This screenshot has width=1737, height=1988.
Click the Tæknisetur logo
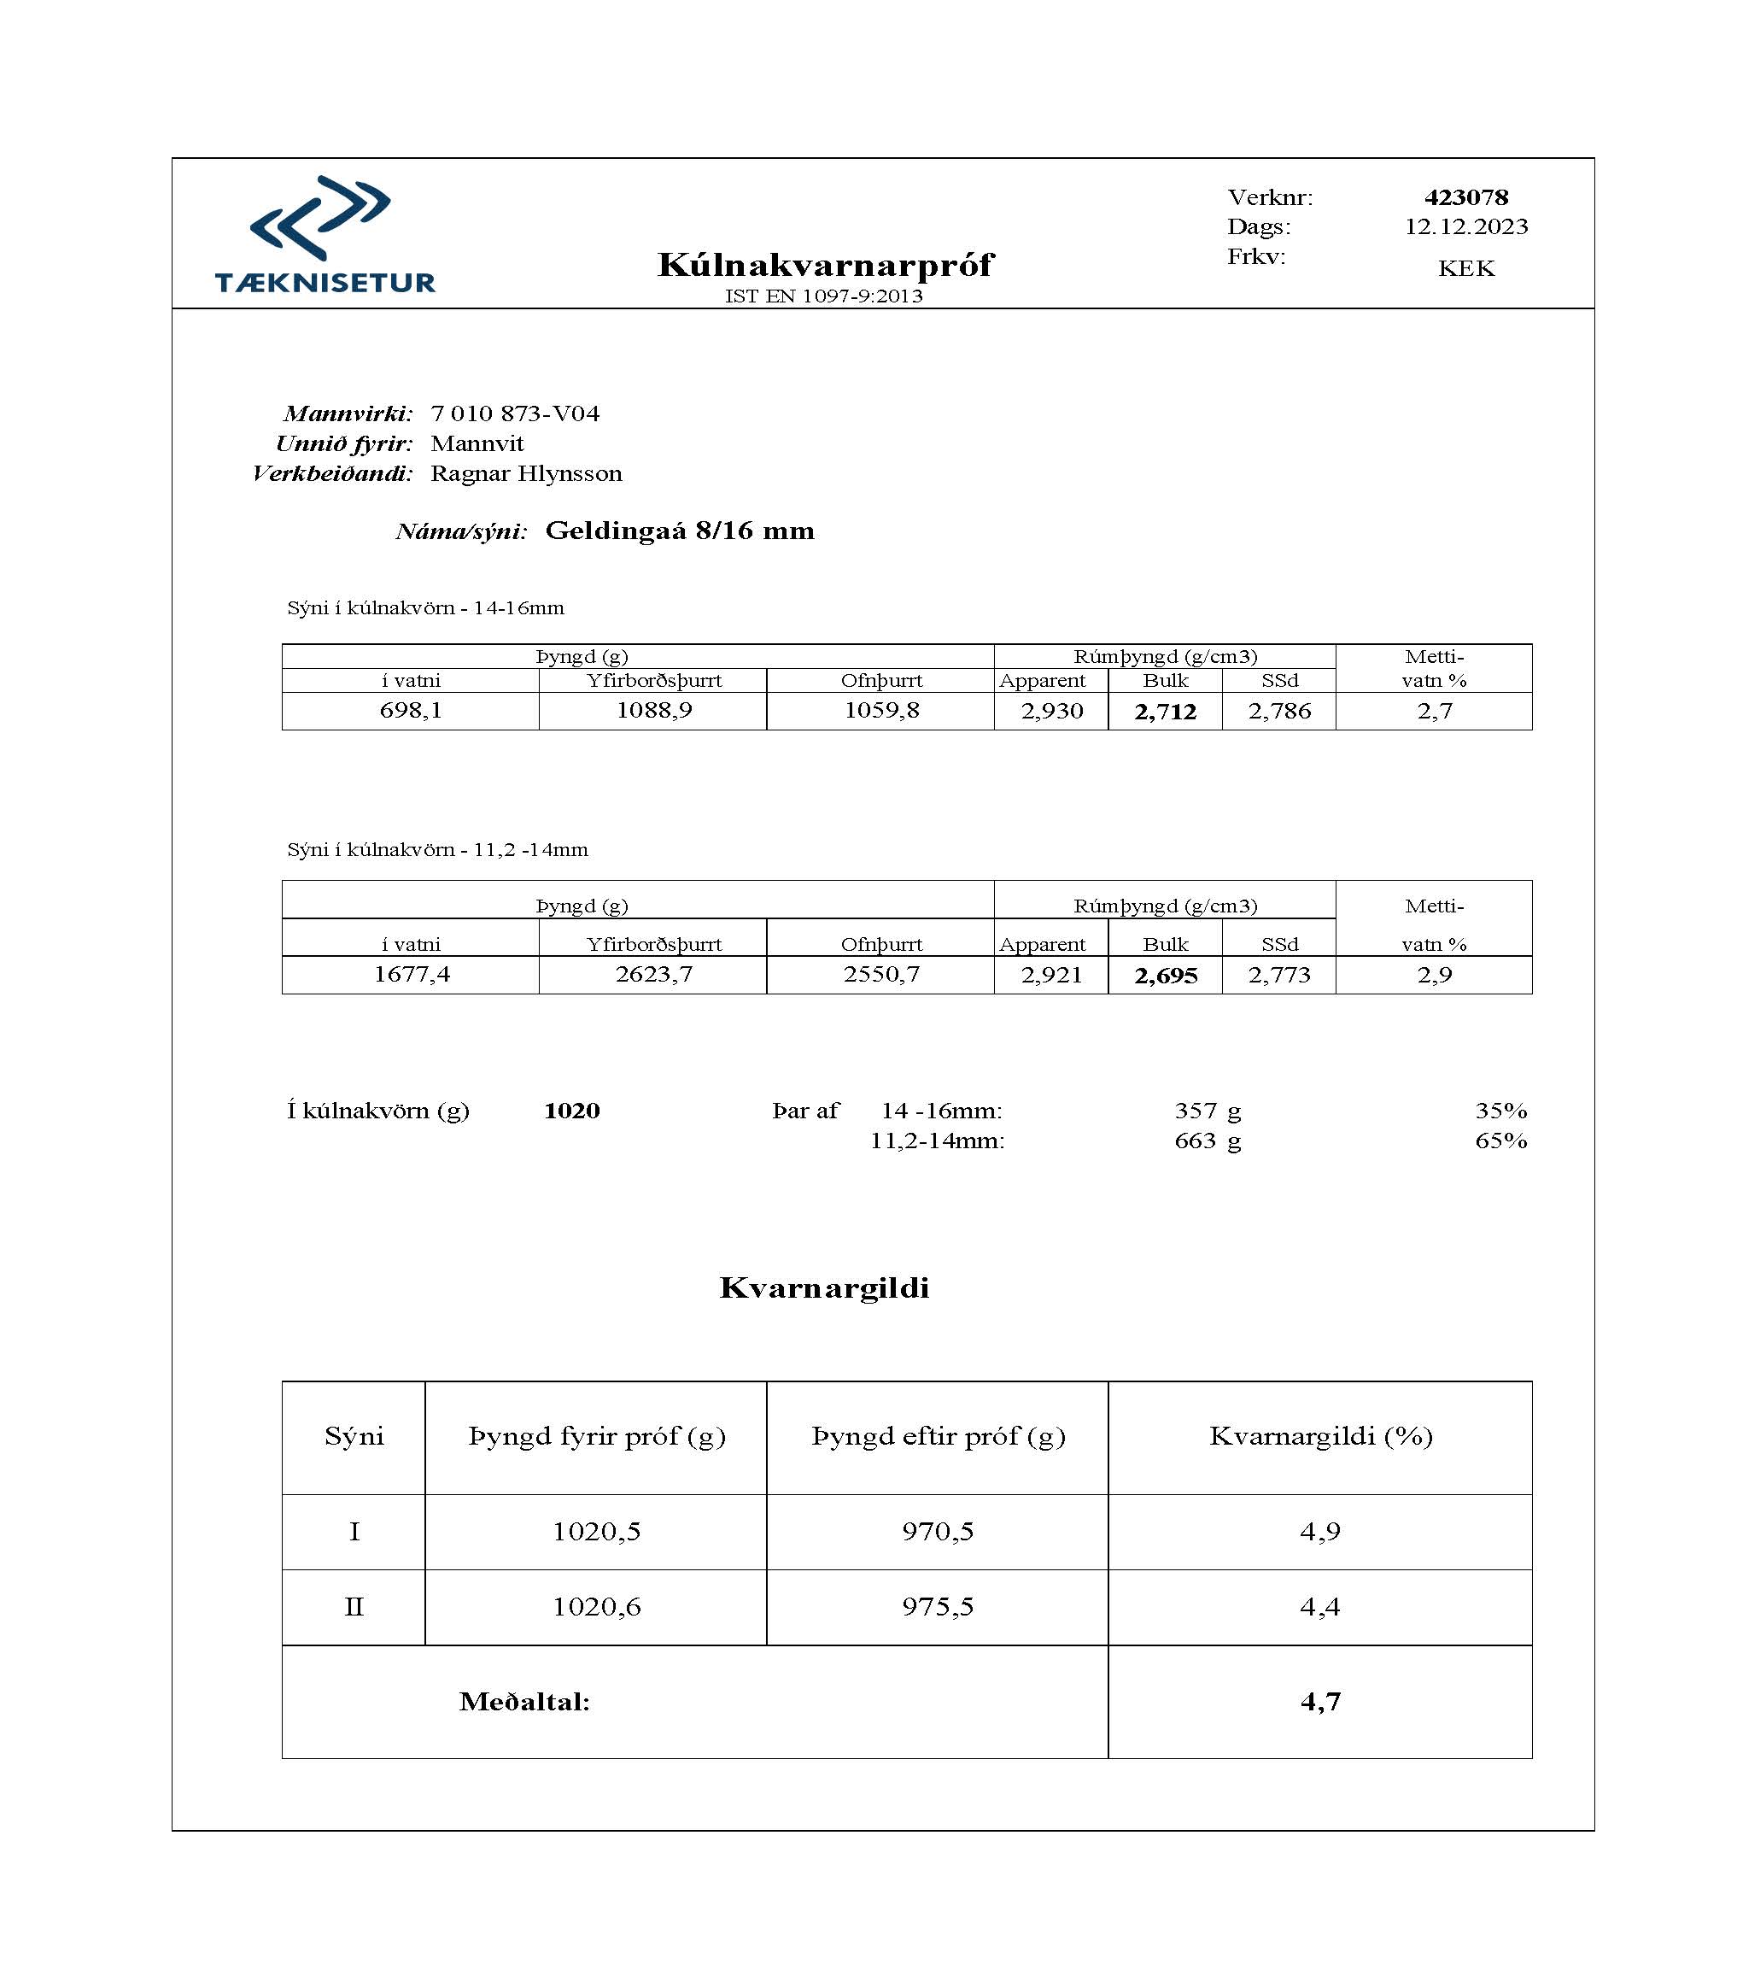click(324, 235)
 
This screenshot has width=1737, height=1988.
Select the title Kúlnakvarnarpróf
click(825, 265)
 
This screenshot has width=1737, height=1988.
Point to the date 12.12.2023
click(1465, 227)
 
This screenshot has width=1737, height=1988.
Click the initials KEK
click(1465, 268)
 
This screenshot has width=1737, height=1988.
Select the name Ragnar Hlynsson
click(526, 473)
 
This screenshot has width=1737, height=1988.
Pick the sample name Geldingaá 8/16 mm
click(680, 531)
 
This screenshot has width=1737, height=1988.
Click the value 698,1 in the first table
click(410, 711)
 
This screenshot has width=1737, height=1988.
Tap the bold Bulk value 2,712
click(1165, 712)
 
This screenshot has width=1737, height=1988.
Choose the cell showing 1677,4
click(411, 975)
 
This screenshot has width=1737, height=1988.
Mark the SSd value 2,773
click(1278, 976)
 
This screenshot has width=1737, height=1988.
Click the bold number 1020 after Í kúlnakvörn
click(572, 1111)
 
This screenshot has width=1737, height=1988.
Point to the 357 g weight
click(1207, 1111)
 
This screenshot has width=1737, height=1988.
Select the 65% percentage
click(1500, 1141)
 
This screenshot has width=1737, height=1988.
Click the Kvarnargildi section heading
click(824, 1287)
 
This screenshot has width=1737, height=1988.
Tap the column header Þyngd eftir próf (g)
click(938, 1436)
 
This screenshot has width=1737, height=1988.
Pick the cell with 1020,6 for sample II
click(596, 1607)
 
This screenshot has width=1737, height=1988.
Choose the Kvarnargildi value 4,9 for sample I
click(1319, 1531)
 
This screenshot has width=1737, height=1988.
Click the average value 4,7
click(1319, 1701)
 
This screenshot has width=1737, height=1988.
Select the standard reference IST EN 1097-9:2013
click(824, 296)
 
